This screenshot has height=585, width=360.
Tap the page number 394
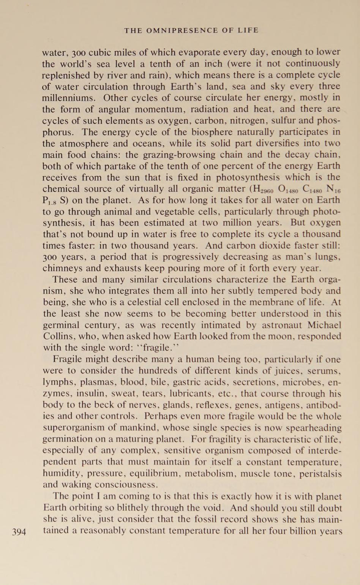click(19, 532)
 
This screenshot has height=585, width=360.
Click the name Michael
click(324, 325)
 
